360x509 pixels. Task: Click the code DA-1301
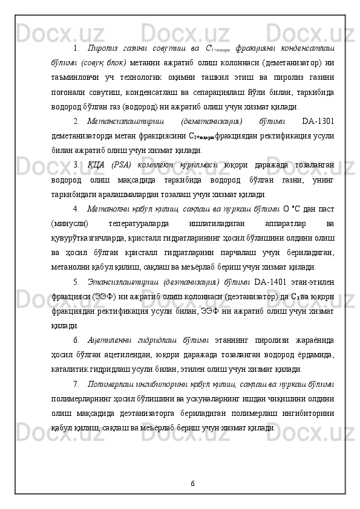point(319,120)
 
